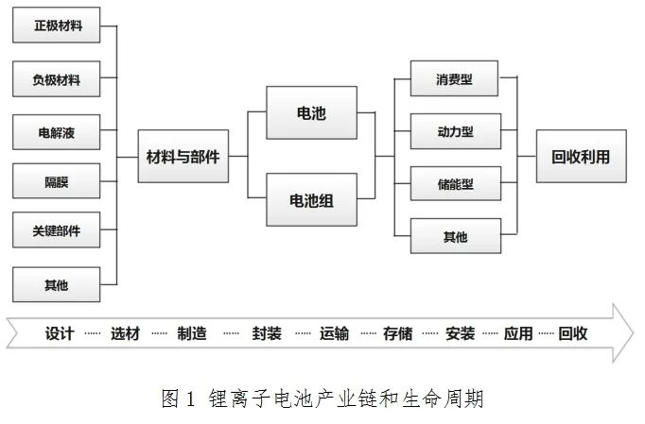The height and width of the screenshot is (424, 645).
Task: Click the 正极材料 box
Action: point(57,25)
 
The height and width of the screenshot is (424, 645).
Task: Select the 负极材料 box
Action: point(57,80)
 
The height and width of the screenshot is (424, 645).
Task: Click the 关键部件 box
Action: point(57,230)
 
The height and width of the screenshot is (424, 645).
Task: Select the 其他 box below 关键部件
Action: point(57,283)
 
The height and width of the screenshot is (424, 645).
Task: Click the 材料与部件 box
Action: point(183,157)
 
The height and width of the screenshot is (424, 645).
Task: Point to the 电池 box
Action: point(311,112)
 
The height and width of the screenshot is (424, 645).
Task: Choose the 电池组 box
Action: point(311,199)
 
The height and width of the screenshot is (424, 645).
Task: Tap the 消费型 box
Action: point(455,80)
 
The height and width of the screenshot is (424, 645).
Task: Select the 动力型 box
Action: point(455,132)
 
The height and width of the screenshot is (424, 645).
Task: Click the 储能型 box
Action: point(455,184)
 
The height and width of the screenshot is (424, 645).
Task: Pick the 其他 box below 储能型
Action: point(455,236)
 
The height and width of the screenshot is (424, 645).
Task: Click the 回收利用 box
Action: point(581,157)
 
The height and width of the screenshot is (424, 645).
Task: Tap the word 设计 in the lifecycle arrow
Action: point(60,333)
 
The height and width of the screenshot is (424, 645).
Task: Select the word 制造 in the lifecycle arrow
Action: point(192,333)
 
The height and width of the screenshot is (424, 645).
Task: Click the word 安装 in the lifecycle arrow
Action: point(460,333)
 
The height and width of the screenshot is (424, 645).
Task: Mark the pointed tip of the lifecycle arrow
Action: point(633,333)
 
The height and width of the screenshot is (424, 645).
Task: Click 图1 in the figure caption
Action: point(177,399)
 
